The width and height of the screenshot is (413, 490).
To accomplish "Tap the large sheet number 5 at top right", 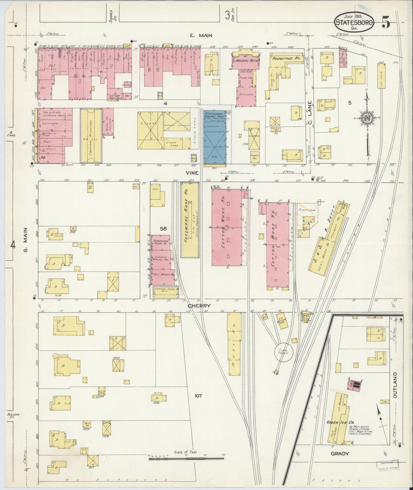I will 386,23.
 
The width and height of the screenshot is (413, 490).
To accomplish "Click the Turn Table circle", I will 283,352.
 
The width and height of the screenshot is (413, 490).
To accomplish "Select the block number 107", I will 198,396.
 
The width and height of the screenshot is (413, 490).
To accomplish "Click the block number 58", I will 163,228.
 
